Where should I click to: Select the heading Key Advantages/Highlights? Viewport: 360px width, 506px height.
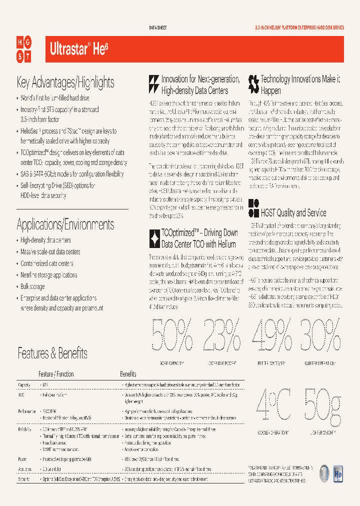click(65, 82)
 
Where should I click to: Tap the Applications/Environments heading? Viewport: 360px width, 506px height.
click(65, 224)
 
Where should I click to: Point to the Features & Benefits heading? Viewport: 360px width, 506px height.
click(52, 353)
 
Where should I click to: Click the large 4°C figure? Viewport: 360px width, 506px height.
click(273, 405)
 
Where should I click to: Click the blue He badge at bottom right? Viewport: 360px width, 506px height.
click(338, 472)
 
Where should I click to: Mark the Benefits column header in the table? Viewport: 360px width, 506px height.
click(128, 374)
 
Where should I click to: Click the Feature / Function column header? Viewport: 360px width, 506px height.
click(56, 374)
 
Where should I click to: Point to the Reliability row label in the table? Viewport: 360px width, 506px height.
click(24, 429)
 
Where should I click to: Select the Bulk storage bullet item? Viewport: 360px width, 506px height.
click(32, 287)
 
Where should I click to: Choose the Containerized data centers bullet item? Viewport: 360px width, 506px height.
click(47, 263)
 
